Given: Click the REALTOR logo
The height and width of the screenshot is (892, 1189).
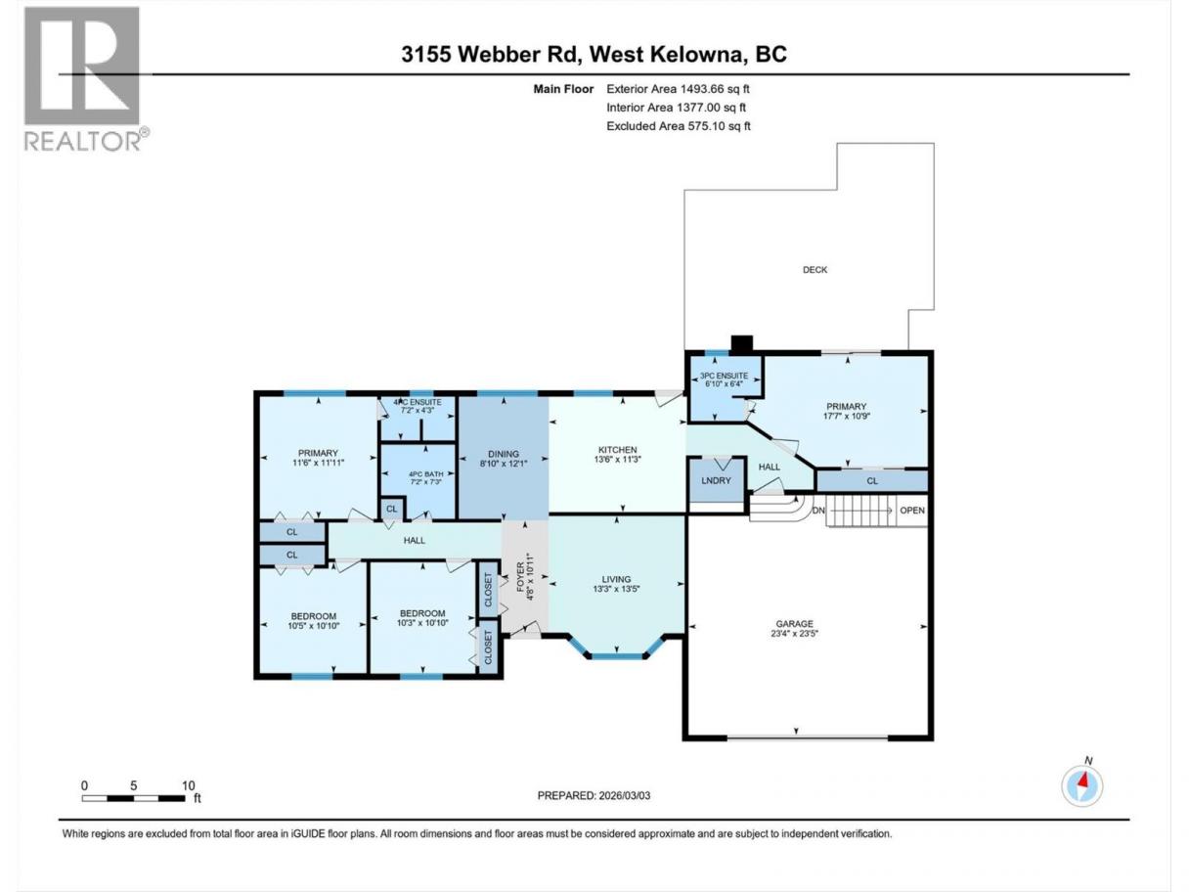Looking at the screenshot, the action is coord(86,79).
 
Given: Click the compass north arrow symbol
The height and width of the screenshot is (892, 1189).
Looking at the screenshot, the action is coord(1082,785).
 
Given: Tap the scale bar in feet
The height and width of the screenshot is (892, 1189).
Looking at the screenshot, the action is coord(134,798).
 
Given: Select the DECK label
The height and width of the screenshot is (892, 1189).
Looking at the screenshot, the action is coord(815,270).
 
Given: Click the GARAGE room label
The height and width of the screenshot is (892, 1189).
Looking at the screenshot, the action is coord(794,624).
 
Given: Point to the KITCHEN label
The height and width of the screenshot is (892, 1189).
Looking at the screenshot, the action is coord(617,450).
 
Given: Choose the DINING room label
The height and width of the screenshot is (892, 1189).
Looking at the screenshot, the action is coord(504,454).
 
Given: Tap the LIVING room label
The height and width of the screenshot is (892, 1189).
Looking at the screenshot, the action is coord(616,579).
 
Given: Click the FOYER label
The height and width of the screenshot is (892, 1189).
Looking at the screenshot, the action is coord(520,577).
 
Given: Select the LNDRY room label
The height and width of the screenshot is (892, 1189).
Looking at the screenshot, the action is coord(716,480).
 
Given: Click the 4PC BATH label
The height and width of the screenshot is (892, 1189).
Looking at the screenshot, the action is coord(425,474).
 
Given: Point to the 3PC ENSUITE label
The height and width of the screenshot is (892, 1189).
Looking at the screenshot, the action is coord(724,376).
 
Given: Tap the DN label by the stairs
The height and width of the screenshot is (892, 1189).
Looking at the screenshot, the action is coord(818,511).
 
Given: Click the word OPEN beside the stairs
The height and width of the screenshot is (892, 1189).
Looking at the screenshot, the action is coord(912,511).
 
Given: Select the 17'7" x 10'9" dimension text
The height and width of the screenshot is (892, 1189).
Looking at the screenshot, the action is coord(846,416).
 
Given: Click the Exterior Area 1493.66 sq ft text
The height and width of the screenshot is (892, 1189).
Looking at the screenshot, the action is coord(678,89).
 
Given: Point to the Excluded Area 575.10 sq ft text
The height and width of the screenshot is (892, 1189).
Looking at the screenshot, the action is coord(679,126).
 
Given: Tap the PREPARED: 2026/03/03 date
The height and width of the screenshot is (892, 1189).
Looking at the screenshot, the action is coord(594,795).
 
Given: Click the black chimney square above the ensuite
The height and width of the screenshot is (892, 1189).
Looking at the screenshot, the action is coord(742,344).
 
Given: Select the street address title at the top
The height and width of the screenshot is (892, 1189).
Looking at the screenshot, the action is coord(594,54).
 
